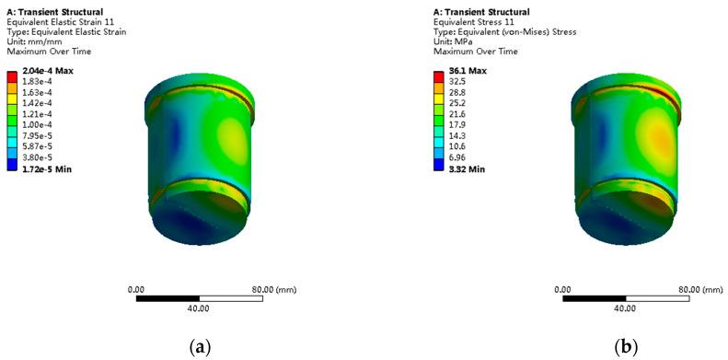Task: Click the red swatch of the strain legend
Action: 12,75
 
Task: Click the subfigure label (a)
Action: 200,348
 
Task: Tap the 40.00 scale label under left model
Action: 199,308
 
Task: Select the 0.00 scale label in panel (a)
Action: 135,288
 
